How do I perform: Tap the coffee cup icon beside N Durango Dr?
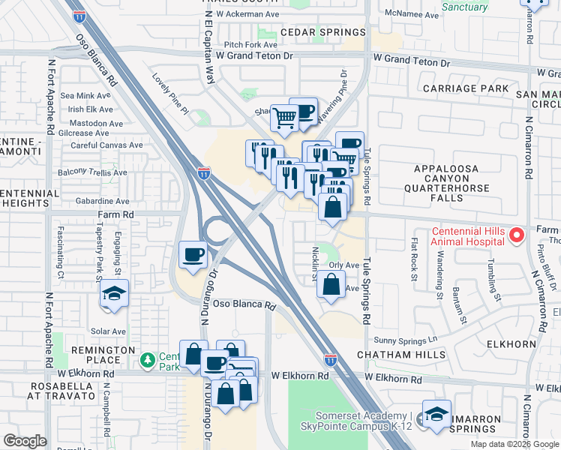(x=193, y=255)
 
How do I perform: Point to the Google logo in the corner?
(x=25, y=441)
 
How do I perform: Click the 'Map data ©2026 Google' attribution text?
(x=514, y=444)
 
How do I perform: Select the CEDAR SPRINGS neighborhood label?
(x=323, y=32)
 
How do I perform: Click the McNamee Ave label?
(x=411, y=14)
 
